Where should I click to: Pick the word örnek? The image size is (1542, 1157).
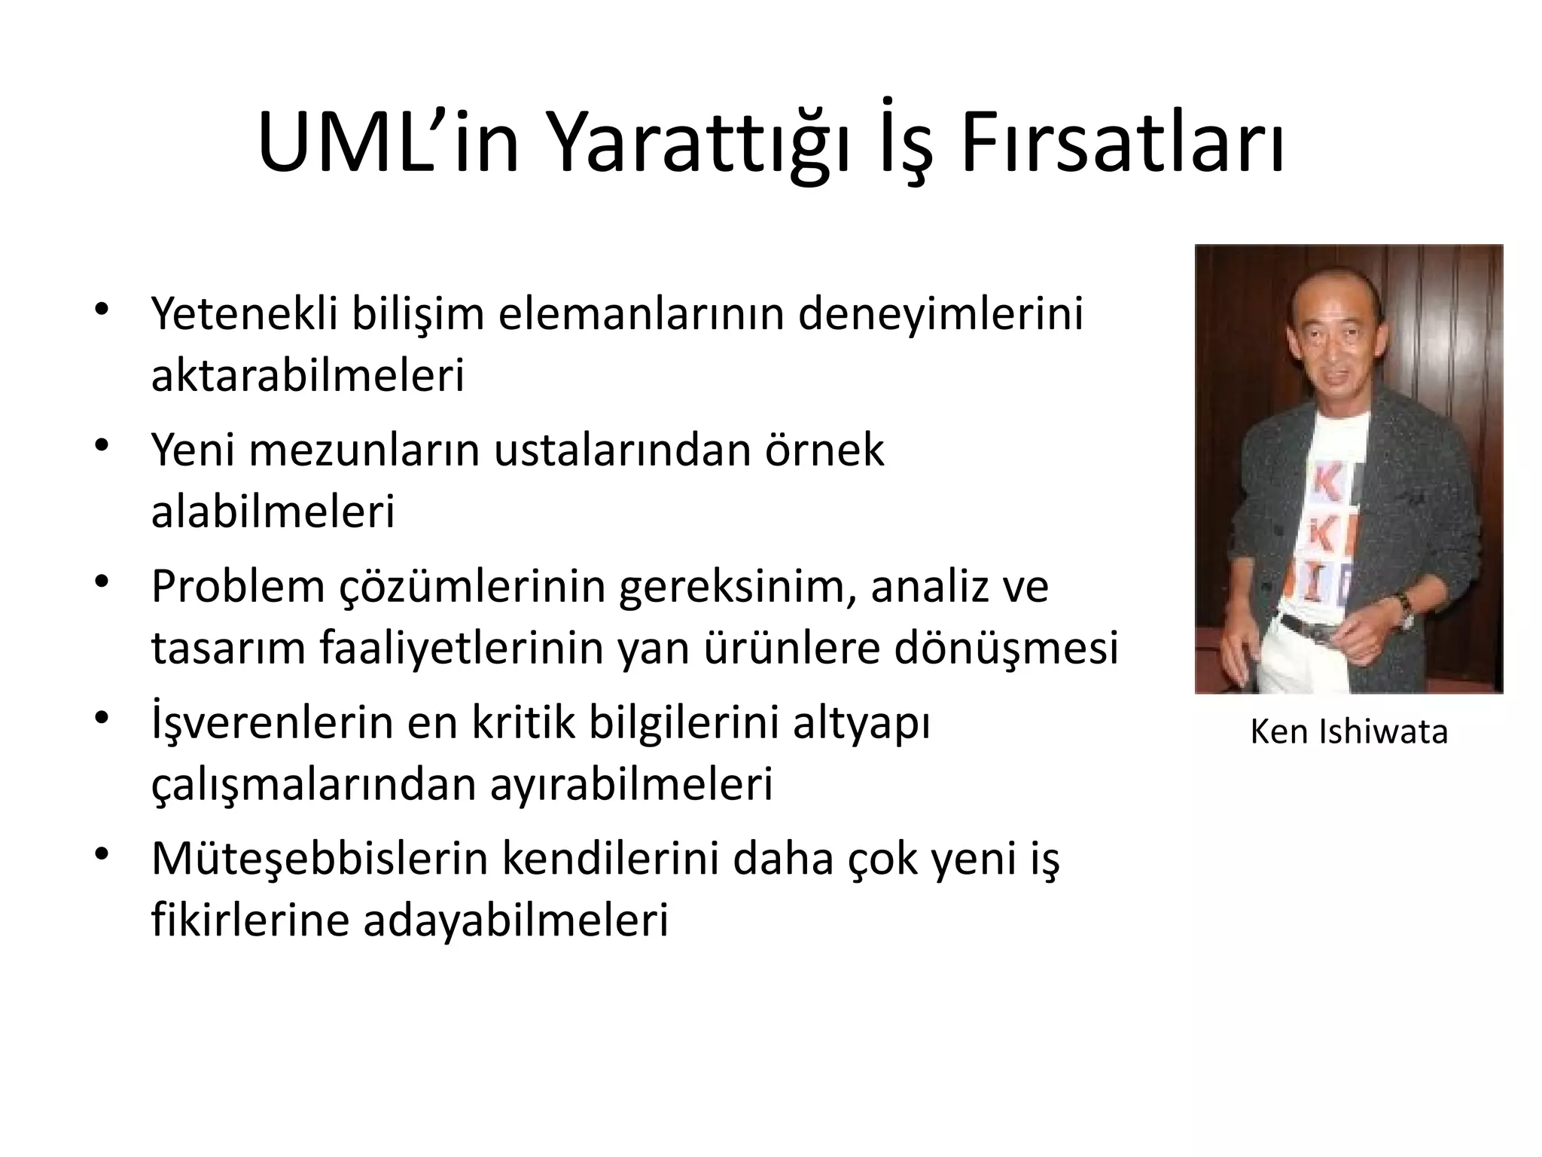[824, 450]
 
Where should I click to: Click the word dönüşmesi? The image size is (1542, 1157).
[1006, 648]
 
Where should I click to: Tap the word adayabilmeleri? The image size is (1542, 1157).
[516, 920]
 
